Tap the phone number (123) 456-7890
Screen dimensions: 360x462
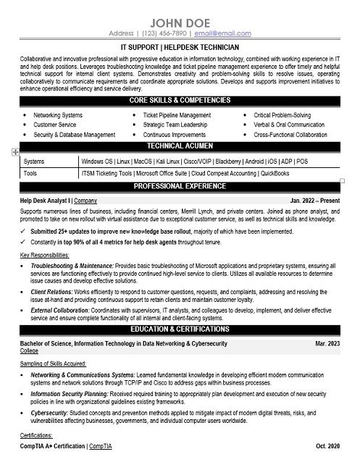point(162,33)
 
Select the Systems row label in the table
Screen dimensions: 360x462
point(34,161)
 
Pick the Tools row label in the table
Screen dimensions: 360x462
point(30,174)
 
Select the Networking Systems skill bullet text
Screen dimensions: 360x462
point(58,115)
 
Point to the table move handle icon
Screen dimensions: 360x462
point(14,153)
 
